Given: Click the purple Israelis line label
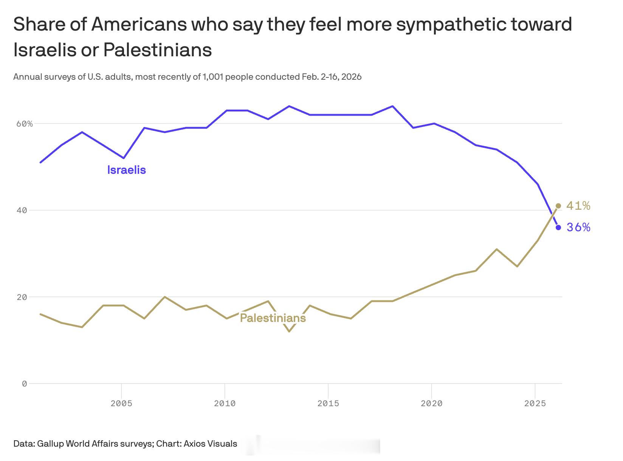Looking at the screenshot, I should pyautogui.click(x=126, y=170).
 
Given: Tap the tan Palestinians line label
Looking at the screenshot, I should pyautogui.click(x=273, y=318).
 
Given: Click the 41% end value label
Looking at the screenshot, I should pyautogui.click(x=578, y=206).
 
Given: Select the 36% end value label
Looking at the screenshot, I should pyautogui.click(x=578, y=227).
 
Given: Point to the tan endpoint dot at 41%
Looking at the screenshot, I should pyautogui.click(x=558, y=206).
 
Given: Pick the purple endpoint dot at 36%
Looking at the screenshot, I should pyautogui.click(x=558, y=227).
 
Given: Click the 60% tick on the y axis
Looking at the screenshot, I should pyautogui.click(x=25, y=124).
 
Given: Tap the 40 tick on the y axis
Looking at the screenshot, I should pyautogui.click(x=22, y=210).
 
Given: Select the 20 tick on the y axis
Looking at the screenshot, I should pyautogui.click(x=22, y=297).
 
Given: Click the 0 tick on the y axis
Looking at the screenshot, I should pyautogui.click(x=25, y=384).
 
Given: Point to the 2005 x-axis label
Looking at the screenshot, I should pyautogui.click(x=121, y=404).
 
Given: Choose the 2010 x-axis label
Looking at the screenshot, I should pyautogui.click(x=225, y=404).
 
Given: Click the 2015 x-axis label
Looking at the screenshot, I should pyautogui.click(x=328, y=404).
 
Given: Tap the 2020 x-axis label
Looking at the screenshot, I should pyautogui.click(x=431, y=404).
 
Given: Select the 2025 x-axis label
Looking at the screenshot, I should pyautogui.click(x=535, y=404).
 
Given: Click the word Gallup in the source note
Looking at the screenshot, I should pyautogui.click(x=51, y=444).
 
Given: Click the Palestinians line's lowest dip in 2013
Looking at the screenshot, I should pyautogui.click(x=289, y=331).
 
